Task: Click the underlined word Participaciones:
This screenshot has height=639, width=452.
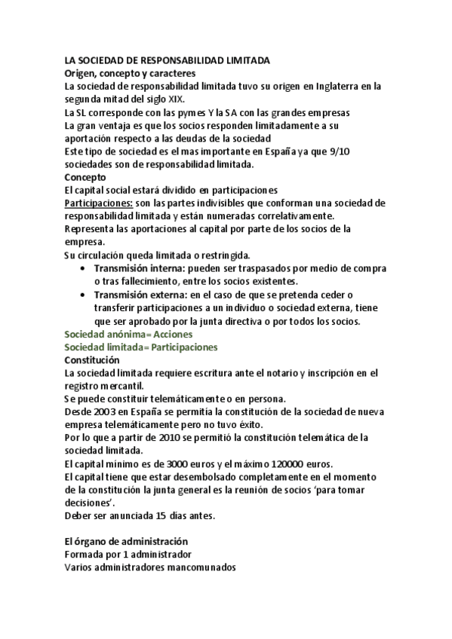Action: [99, 203]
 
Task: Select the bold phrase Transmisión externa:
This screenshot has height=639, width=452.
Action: [141, 295]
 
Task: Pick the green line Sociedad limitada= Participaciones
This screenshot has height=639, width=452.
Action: [141, 347]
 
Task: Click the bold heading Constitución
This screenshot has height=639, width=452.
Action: [93, 360]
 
